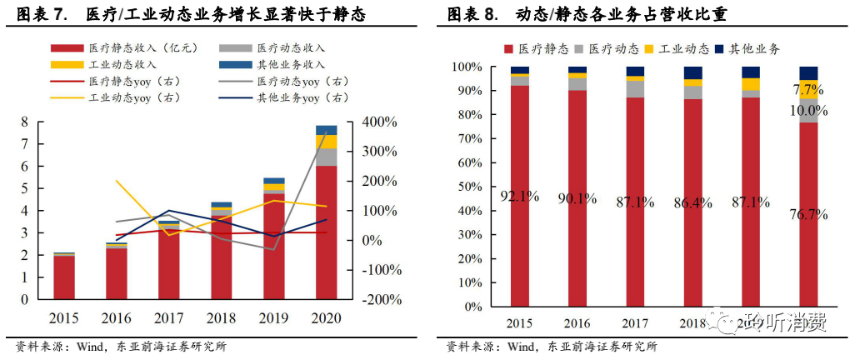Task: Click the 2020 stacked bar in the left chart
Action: click(326, 225)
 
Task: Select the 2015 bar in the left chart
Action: click(64, 276)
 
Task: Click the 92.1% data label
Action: click(520, 197)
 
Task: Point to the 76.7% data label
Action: click(807, 214)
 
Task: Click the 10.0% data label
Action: click(807, 111)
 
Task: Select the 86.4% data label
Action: click(693, 202)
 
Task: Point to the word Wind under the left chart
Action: click(92, 347)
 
